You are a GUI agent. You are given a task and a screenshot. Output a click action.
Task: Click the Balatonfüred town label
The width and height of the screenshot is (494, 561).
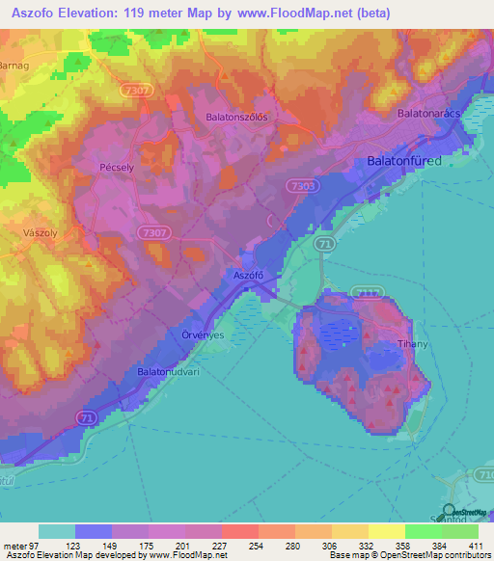point(404,161)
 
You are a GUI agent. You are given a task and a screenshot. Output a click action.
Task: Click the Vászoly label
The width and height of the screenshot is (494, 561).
point(41,233)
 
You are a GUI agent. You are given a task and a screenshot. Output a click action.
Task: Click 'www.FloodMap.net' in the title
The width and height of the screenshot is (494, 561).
point(308,13)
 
